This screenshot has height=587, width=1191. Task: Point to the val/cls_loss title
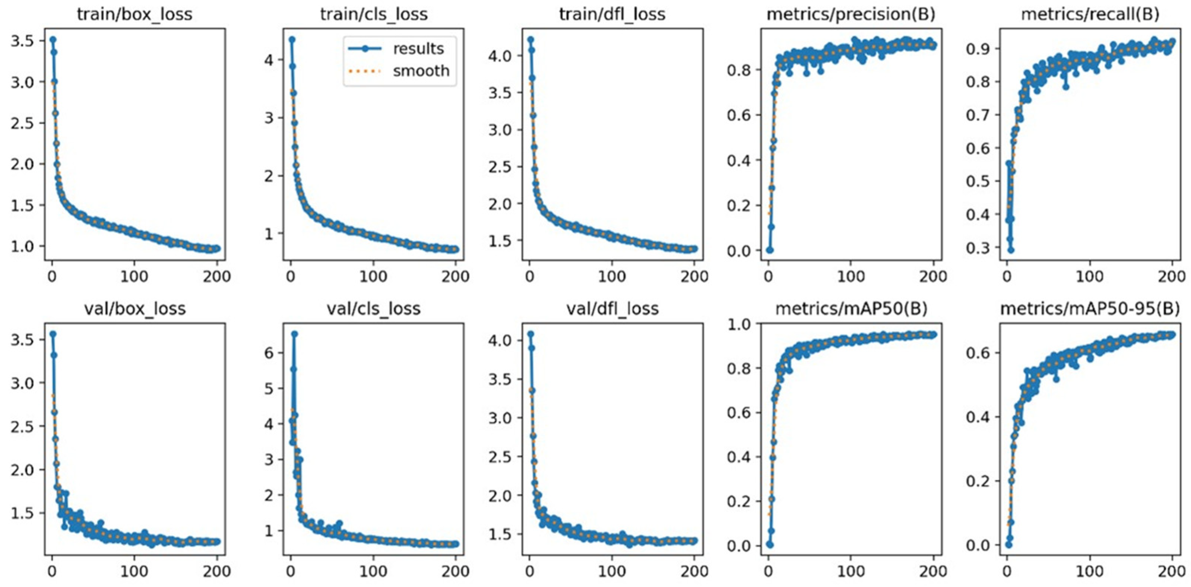pos(374,308)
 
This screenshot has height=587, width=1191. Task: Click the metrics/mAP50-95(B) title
pos(1090,308)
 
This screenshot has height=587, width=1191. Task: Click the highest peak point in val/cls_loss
pos(294,333)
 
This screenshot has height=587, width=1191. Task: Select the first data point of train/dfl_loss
pos(530,39)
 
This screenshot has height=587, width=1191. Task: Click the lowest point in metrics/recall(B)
pos(1011,250)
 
